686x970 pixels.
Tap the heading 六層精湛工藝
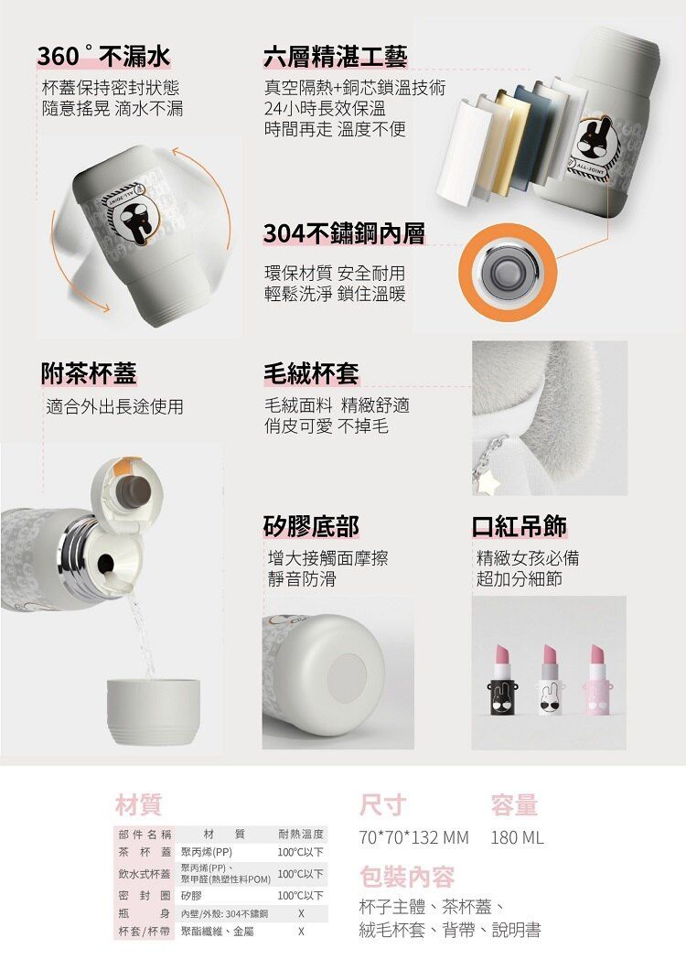tap(335, 57)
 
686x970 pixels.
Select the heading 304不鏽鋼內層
tap(344, 233)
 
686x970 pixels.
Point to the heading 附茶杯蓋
tap(89, 372)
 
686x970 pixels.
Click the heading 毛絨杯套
tap(310, 372)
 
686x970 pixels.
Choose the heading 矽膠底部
tap(310, 526)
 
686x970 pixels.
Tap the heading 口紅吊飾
tap(519, 526)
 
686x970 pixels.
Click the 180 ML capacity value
tap(517, 837)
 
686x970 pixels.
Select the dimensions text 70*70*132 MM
tap(414, 837)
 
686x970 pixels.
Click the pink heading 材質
tap(138, 805)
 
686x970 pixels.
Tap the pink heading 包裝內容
tap(407, 877)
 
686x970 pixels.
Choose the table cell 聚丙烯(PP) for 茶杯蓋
tap(207, 853)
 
